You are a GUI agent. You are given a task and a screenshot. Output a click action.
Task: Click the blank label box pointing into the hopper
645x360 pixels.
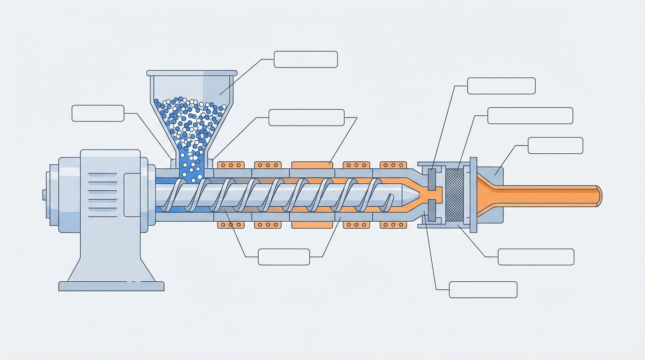[x=305, y=60]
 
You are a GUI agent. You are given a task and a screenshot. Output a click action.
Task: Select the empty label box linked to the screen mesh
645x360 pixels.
[x=530, y=116]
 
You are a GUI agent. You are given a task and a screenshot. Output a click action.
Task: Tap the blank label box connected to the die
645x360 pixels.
[x=555, y=145]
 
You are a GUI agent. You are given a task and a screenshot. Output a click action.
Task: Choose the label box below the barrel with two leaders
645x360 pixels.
[x=284, y=257]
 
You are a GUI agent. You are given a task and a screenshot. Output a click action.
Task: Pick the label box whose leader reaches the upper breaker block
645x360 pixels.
[x=501, y=86]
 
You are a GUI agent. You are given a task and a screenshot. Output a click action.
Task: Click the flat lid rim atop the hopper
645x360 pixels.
[x=192, y=73]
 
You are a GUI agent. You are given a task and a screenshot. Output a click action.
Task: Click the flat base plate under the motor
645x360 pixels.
[x=111, y=286]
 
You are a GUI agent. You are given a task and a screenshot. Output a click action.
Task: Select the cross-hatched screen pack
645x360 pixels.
[x=454, y=195]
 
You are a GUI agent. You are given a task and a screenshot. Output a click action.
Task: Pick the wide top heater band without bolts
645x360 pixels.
[x=312, y=165]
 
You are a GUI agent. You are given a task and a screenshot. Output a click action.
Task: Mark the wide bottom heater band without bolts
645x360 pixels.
[x=312, y=225]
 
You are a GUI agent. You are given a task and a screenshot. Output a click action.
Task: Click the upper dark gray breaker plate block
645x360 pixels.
[x=432, y=179]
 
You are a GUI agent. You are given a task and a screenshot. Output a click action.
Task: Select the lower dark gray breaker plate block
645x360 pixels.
[x=432, y=210]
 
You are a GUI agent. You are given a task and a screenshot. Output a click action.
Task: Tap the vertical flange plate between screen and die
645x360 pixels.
[x=473, y=195]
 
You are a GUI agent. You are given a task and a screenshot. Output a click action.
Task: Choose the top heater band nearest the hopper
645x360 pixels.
[x=231, y=165]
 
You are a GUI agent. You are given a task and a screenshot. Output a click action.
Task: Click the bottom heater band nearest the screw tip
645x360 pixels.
[x=393, y=225]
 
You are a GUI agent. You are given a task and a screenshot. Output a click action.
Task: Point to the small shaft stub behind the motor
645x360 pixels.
[x=45, y=195]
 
